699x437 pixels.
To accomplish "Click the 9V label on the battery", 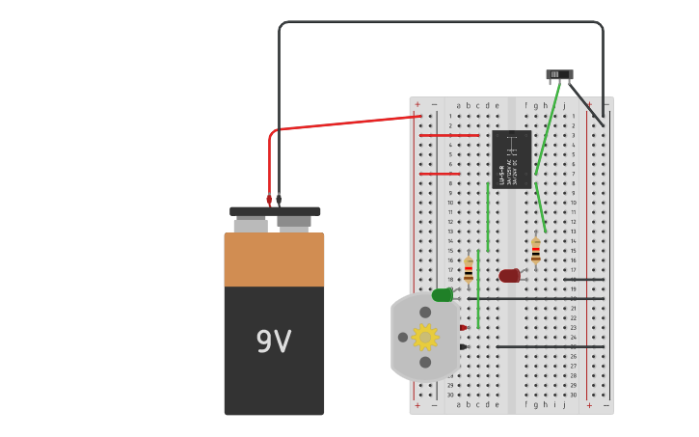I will pyautogui.click(x=274, y=341).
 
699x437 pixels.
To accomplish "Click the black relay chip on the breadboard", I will pyautogui.click(x=511, y=158).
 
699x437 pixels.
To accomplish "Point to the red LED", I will pyautogui.click(x=509, y=276).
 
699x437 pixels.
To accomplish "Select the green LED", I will pyautogui.click(x=442, y=295).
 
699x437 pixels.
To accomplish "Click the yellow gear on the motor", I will pyautogui.click(x=425, y=337).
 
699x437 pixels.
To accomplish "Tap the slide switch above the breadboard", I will pyautogui.click(x=559, y=74).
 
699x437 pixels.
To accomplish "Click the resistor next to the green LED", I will pyautogui.click(x=469, y=269).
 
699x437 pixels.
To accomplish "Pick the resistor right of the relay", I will pyautogui.click(x=536, y=251).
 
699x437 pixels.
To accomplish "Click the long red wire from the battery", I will pyautogui.click(x=347, y=123).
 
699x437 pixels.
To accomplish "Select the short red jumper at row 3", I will pyautogui.click(x=448, y=135).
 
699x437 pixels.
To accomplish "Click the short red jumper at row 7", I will pyautogui.click(x=439, y=174).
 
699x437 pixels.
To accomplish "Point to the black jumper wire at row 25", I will pyautogui.click(x=550, y=346).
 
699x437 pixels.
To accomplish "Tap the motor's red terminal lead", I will pyautogui.click(x=463, y=328).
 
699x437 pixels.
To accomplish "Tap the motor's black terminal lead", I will pyautogui.click(x=463, y=347).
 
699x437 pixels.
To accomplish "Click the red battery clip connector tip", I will pyautogui.click(x=269, y=199).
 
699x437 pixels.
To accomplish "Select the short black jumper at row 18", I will pyautogui.click(x=584, y=280).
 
